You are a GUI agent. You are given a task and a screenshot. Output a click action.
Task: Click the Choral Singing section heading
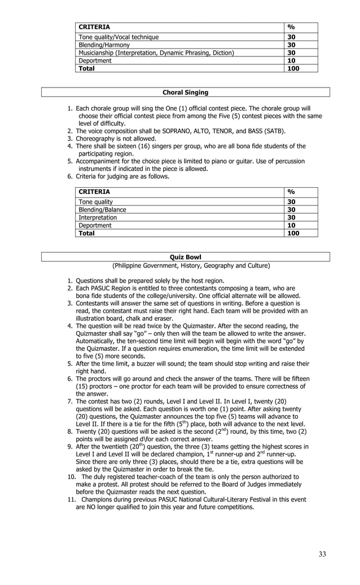pyautogui.click(x=185, y=92)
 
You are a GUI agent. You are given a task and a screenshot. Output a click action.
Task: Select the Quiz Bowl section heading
pyautogui.click(x=185, y=257)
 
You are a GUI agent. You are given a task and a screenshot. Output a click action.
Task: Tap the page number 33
pyautogui.click(x=322, y=554)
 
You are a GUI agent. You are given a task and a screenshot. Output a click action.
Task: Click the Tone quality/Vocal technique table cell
pyautogui.click(x=118, y=37)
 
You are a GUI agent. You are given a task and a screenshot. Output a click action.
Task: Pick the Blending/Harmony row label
pyautogui.click(x=104, y=45)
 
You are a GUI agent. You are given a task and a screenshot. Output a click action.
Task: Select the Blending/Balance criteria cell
pyautogui.click(x=102, y=209)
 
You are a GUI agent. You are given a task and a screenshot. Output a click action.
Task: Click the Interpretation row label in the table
pyautogui.click(x=98, y=217)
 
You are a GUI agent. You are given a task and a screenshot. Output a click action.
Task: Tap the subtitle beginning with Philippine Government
pyautogui.click(x=191, y=265)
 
